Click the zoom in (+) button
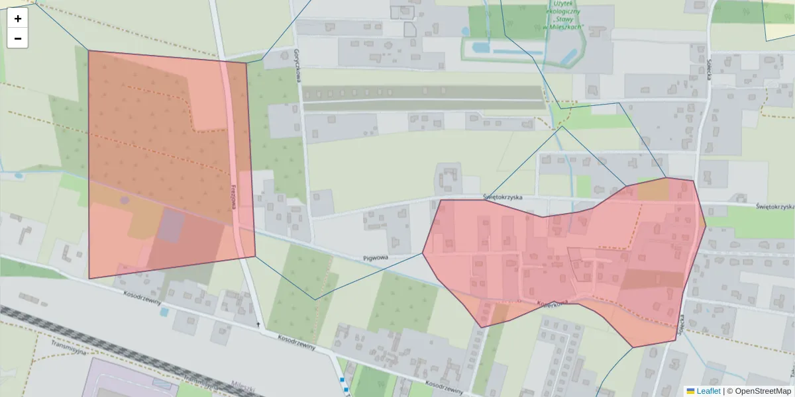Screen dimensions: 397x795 tap(18, 19)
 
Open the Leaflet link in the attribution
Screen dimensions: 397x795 tap(708, 391)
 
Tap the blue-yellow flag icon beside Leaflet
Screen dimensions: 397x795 tap(690, 391)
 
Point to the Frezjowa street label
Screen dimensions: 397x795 tap(234, 196)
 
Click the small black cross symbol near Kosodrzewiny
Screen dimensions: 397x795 tap(258, 324)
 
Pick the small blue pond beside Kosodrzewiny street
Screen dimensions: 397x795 tap(164, 311)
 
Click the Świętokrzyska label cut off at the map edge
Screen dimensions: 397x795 tap(775, 206)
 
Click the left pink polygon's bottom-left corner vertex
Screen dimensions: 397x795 tap(89, 279)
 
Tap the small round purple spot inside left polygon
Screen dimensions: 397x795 tap(124, 199)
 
